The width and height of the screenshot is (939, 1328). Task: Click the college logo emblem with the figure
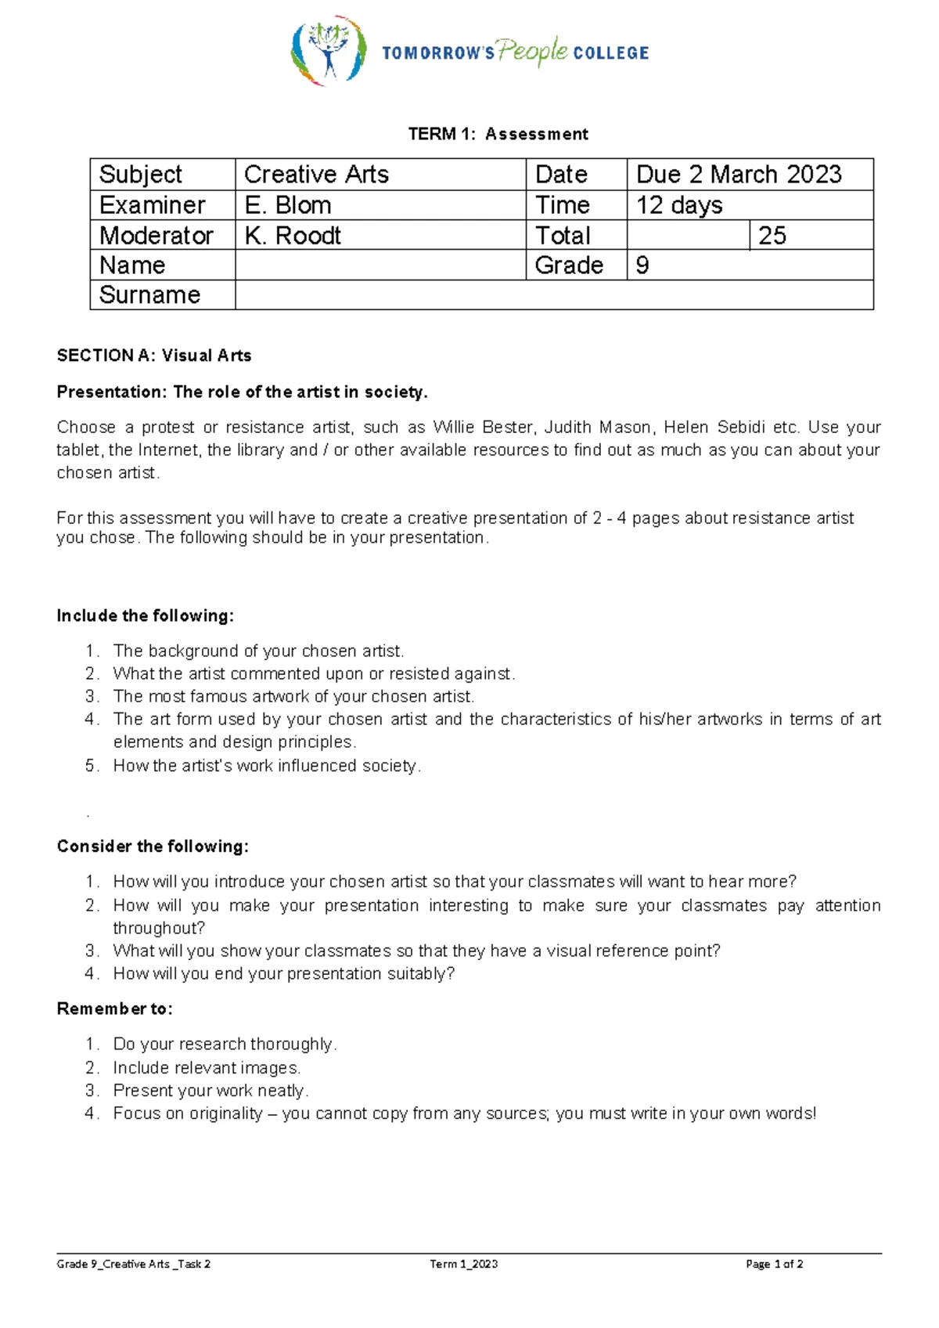(329, 51)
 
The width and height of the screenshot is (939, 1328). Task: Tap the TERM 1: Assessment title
(498, 134)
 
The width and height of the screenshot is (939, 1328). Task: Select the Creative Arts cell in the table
(316, 174)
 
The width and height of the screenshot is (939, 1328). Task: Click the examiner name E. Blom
(288, 205)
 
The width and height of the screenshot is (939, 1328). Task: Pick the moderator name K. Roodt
(293, 236)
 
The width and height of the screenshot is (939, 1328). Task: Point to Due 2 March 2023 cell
(739, 174)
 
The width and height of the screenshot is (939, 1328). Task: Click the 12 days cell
(679, 205)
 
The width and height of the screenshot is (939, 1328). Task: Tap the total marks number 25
(772, 236)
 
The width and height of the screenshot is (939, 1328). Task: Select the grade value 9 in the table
(642, 265)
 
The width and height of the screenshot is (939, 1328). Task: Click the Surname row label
(150, 295)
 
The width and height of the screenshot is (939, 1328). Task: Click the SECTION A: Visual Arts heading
(154, 355)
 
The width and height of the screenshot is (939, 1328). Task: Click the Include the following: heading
(145, 615)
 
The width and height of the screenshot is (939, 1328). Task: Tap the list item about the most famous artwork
(293, 696)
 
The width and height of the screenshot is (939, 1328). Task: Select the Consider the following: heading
(153, 846)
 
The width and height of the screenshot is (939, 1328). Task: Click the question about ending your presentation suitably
(283, 973)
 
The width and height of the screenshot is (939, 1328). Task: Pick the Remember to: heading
(114, 1009)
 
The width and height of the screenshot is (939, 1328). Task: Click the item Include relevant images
(207, 1067)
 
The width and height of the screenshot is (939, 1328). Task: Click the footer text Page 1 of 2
(774, 1264)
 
